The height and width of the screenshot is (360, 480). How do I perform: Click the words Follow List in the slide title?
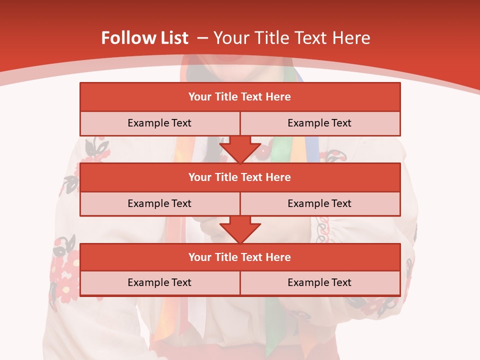[144, 38]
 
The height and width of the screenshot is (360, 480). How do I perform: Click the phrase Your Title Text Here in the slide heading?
[292, 38]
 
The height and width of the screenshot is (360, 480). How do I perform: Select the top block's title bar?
[240, 97]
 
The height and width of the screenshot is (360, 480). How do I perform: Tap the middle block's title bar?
[240, 177]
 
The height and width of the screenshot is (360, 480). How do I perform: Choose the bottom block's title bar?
[240, 257]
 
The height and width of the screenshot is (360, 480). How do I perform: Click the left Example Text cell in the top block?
[159, 123]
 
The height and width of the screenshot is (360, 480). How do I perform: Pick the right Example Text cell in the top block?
[319, 123]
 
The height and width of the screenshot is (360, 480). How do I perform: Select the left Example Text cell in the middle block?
[159, 203]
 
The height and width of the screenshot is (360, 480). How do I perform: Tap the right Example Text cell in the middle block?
[319, 203]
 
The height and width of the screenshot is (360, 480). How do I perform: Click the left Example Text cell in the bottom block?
[159, 282]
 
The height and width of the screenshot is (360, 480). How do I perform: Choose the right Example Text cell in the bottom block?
[319, 282]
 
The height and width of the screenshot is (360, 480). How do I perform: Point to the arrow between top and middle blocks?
[240, 149]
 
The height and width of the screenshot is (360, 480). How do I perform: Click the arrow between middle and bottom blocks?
[240, 229]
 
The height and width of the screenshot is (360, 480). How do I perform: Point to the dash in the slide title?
[202, 38]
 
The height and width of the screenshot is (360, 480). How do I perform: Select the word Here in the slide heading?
[353, 38]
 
